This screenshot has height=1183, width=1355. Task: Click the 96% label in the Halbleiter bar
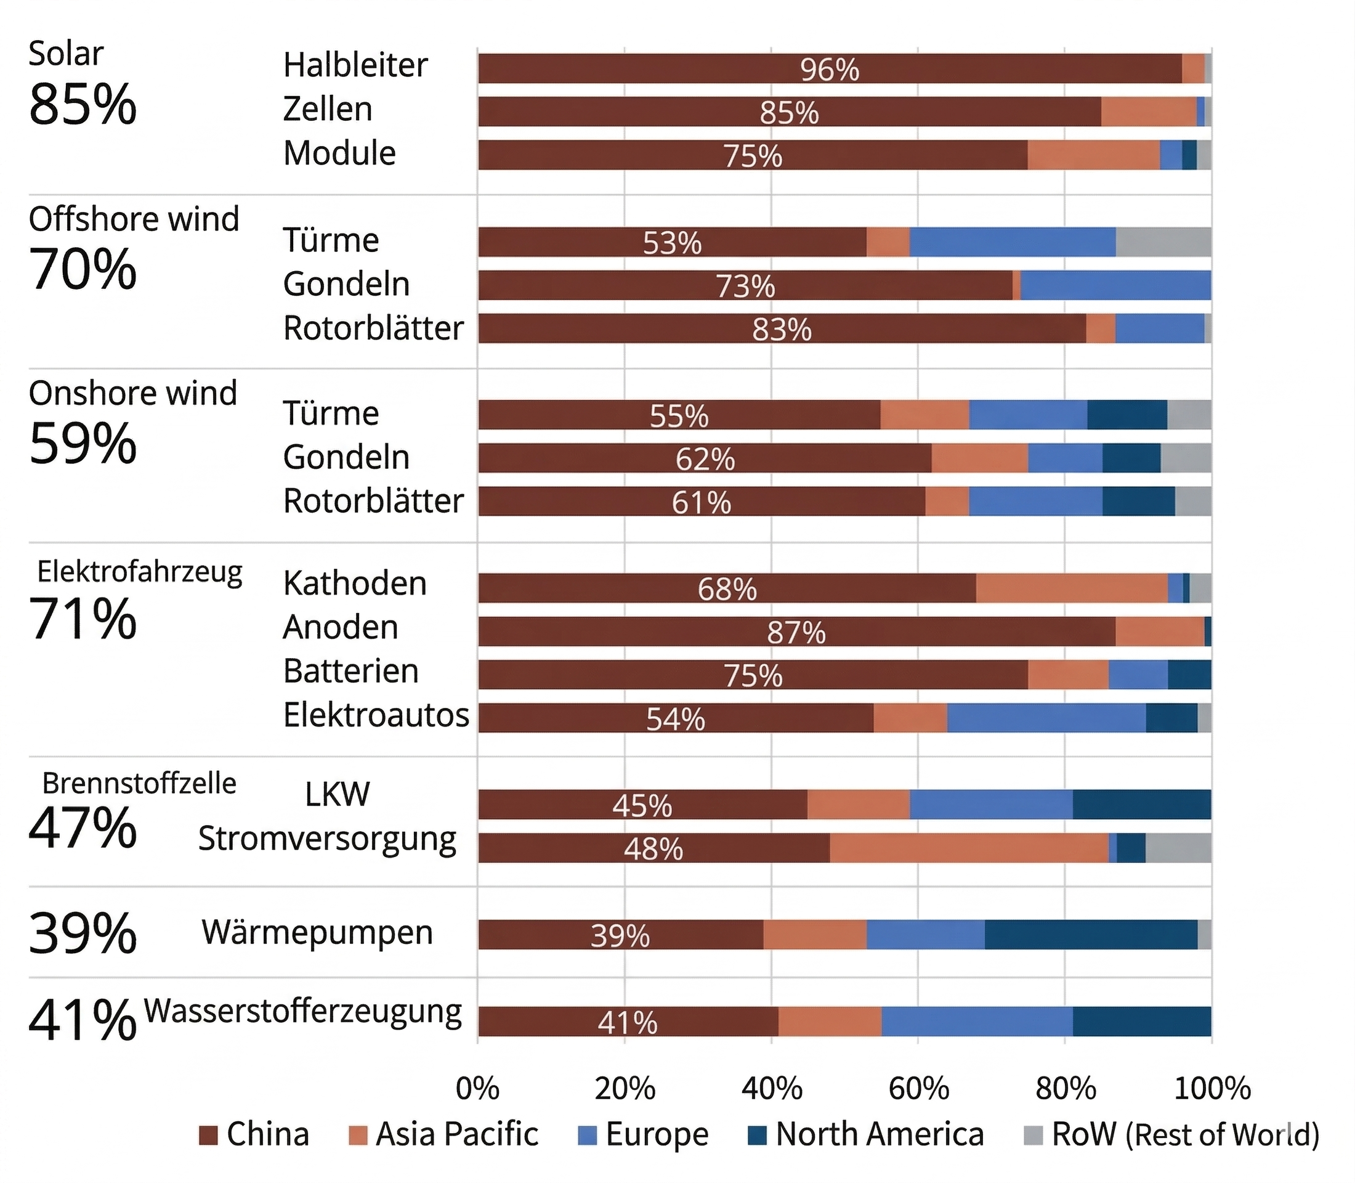click(x=830, y=69)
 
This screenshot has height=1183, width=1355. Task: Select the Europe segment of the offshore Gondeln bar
click(x=1115, y=285)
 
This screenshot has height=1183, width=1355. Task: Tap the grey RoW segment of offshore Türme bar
click(x=1163, y=242)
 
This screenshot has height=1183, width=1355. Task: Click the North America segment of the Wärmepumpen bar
click(x=1090, y=935)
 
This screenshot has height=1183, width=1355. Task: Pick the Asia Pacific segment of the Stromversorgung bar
click(x=969, y=848)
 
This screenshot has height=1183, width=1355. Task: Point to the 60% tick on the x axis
click(x=918, y=1089)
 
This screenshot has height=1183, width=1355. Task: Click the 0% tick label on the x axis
click(x=477, y=1089)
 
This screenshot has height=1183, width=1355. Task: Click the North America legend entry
click(x=879, y=1134)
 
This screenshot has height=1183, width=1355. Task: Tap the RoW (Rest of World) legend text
click(x=1185, y=1134)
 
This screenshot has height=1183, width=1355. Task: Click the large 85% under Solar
click(x=83, y=104)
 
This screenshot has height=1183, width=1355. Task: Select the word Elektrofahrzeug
click(x=139, y=572)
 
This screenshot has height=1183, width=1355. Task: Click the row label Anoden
click(x=341, y=627)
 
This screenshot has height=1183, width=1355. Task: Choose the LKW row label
click(x=338, y=794)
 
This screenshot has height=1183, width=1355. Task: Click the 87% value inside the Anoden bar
click(x=796, y=632)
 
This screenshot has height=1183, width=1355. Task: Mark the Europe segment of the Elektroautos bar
click(x=1046, y=718)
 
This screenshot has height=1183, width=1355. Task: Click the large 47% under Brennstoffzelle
click(x=83, y=828)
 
